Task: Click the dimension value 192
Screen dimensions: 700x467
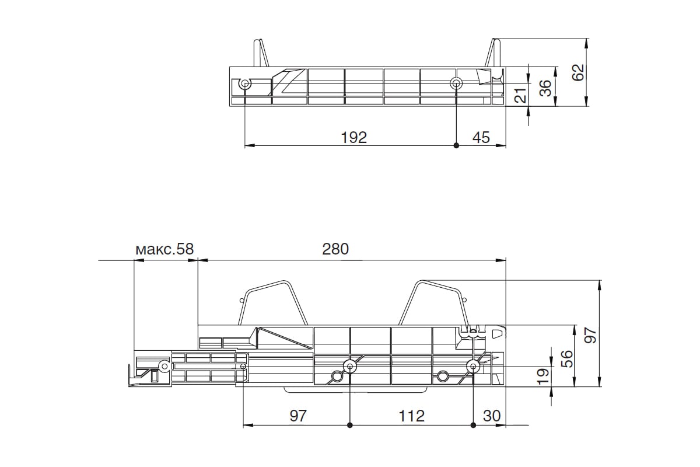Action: point(353,138)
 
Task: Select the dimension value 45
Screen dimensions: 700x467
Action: point(481,138)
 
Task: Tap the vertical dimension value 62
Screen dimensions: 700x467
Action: point(578,72)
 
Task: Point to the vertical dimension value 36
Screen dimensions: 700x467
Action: point(545,88)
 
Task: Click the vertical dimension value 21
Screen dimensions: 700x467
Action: point(521,95)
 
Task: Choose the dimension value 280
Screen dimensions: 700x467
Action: point(335,249)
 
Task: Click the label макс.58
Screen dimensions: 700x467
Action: point(164,249)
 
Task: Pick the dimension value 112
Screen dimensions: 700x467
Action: point(412,416)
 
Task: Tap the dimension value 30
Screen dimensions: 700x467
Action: point(492,416)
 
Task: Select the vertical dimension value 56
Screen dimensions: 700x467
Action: point(567,359)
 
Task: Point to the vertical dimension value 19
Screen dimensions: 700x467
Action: point(543,377)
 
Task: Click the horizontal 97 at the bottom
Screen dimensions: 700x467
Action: point(298,416)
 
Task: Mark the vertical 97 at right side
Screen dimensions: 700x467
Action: point(590,335)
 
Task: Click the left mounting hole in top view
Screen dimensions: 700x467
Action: point(246,84)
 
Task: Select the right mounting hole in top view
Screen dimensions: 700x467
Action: point(456,83)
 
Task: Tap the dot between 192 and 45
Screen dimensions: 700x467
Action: point(456,145)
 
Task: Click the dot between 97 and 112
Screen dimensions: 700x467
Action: point(349,426)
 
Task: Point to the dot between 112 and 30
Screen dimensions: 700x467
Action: point(473,426)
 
